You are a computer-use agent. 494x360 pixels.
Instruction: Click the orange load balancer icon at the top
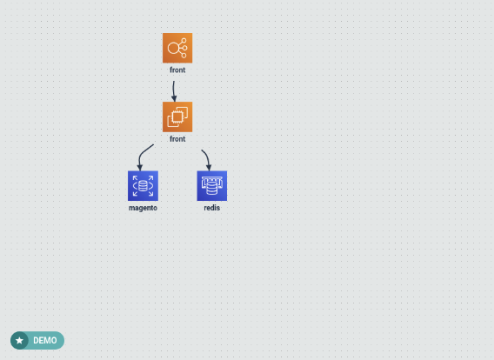point(177,48)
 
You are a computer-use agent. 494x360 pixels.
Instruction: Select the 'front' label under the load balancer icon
point(177,70)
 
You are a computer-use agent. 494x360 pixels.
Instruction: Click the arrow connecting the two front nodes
point(173,91)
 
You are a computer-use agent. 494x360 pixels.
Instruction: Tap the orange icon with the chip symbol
point(177,117)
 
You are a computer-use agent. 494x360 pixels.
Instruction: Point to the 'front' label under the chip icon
point(177,139)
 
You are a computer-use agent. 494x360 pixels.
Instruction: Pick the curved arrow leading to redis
point(207,159)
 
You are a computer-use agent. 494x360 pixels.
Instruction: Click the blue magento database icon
point(143,186)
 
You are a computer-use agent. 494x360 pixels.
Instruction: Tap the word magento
point(143,208)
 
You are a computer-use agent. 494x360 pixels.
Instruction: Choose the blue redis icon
point(212,186)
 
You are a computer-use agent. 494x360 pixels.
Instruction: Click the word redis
point(212,208)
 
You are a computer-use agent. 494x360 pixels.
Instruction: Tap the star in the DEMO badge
point(19,341)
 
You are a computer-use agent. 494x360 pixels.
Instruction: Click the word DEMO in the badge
point(45,341)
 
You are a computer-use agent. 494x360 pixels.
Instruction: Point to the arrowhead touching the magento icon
point(140,168)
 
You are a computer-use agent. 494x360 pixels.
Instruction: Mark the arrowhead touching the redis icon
point(209,168)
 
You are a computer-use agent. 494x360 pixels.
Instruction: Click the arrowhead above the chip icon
point(174,98)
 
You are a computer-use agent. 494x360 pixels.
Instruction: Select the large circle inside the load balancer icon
point(174,48)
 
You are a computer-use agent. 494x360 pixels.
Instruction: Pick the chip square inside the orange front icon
point(177,117)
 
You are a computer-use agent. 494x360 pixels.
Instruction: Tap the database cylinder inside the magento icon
point(143,186)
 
